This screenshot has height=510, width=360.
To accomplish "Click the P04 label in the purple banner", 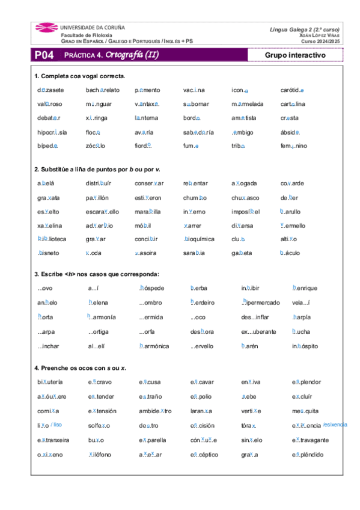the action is [x=44, y=55].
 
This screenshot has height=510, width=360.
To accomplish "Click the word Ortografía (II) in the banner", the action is [x=132, y=55].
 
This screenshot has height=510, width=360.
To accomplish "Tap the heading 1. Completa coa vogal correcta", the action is [x=80, y=76].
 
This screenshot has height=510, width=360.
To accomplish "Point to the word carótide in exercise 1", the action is [x=292, y=90].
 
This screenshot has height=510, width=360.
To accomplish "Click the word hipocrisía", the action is [x=52, y=132].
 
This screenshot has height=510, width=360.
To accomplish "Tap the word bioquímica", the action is [x=199, y=239].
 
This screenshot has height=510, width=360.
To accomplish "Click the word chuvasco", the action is [x=245, y=197].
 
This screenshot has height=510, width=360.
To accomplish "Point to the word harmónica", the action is [x=154, y=346].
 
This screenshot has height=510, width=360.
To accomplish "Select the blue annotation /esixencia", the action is [x=335, y=425].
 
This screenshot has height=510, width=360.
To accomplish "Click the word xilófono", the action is [x=99, y=454].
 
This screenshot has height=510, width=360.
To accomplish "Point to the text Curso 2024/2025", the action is [x=320, y=41].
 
